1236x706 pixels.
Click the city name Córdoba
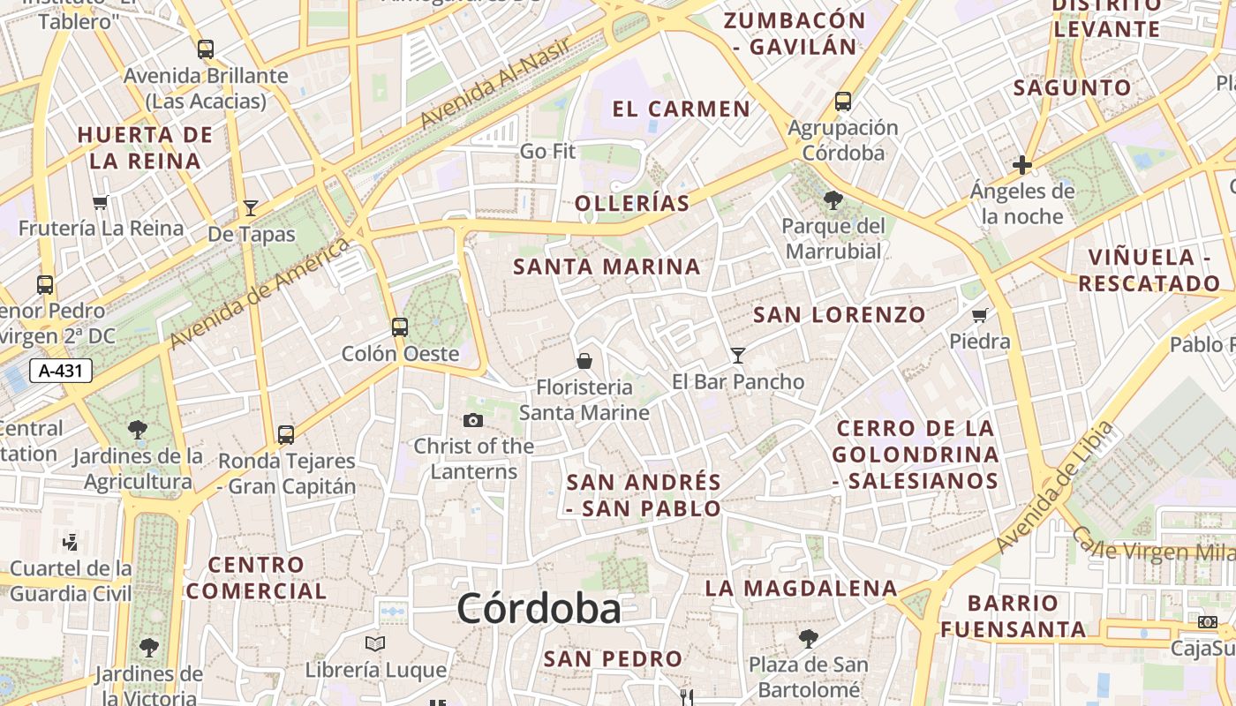click(x=539, y=608)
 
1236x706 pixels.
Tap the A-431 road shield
click(x=61, y=371)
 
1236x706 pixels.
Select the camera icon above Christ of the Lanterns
click(x=473, y=420)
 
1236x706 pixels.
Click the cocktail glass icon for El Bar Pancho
click(x=738, y=355)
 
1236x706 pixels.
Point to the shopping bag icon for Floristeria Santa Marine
click(x=584, y=361)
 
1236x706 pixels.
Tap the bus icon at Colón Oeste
click(x=400, y=327)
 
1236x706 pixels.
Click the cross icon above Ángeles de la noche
click(x=1022, y=165)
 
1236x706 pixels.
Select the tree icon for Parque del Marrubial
click(x=833, y=200)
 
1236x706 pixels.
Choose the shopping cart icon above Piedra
click(x=979, y=315)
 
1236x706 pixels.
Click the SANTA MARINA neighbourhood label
click(x=607, y=267)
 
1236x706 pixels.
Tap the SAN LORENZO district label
click(x=839, y=315)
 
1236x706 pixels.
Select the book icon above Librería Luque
click(x=375, y=644)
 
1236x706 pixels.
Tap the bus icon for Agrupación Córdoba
click(x=843, y=101)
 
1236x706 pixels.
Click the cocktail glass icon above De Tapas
click(x=251, y=208)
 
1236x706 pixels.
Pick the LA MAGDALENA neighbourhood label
click(x=801, y=589)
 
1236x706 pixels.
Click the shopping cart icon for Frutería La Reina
click(x=101, y=202)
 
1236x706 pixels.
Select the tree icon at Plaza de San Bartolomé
click(x=808, y=638)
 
